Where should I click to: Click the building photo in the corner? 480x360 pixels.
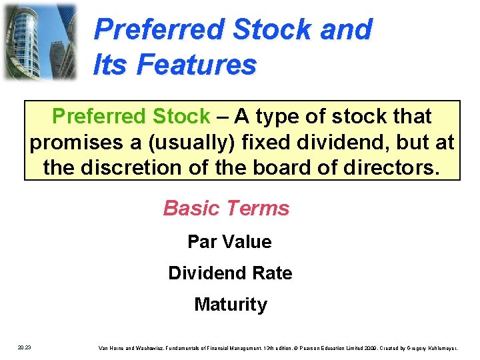(40, 41)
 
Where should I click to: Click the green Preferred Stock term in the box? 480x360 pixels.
(131, 117)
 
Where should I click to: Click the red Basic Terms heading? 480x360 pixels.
(226, 208)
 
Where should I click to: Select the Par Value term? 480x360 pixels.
(229, 241)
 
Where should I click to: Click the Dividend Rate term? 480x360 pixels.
(230, 273)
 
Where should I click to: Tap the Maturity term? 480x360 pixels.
(230, 305)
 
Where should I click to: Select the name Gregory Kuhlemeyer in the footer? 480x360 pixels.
(437, 347)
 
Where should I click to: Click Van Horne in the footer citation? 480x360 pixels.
(111, 347)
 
